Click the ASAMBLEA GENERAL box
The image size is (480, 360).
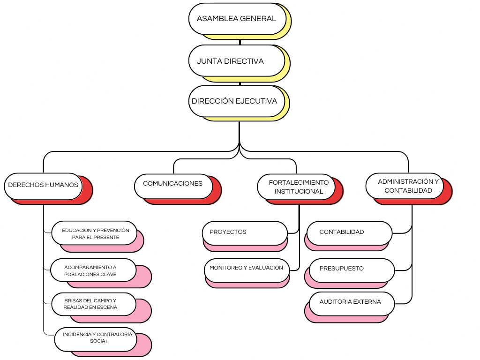coord(237,19)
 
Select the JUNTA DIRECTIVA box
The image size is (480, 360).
coord(237,61)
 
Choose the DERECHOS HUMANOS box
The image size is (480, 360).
coord(43,185)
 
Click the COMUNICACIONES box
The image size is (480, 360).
coord(173,184)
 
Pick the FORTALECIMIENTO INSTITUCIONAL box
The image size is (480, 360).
coord(296,187)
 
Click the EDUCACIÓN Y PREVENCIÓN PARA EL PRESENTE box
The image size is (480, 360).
coord(94,233)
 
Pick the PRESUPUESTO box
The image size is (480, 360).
coord(352,269)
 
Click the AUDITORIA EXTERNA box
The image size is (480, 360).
coord(352,302)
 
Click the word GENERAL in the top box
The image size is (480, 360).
coord(258,19)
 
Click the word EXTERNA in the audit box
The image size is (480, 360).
coord(367,302)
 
